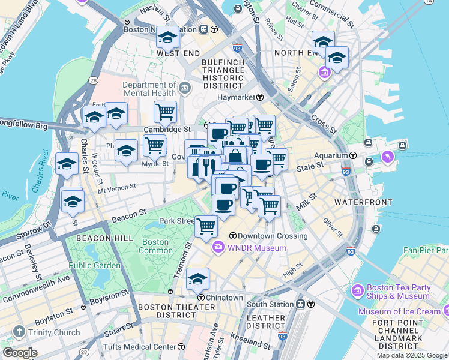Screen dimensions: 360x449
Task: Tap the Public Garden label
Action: pos(94,265)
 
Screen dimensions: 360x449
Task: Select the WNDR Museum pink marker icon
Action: pos(217,247)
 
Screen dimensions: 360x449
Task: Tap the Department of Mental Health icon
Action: pos(185,89)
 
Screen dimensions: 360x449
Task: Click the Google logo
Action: pos(20,353)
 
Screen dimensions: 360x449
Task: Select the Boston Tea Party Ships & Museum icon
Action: pos(358,292)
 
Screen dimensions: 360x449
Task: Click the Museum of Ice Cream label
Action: pos(399,311)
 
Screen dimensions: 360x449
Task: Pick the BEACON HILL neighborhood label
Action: pos(95,238)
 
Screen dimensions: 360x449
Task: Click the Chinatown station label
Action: pos(224,298)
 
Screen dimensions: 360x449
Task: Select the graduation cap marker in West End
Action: pos(168,37)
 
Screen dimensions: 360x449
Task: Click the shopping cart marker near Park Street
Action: pos(206,226)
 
